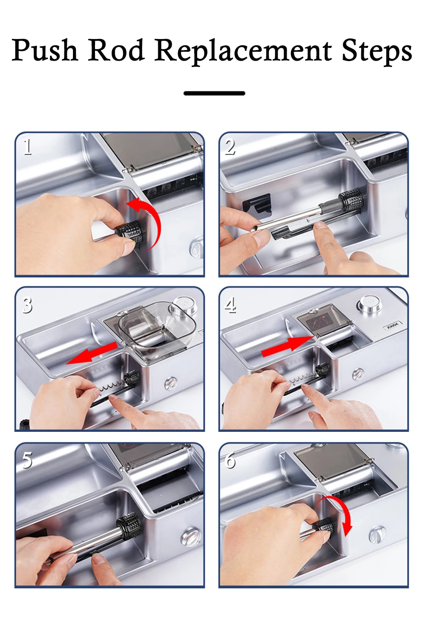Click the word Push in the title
[x=45, y=50]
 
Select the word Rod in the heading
[x=116, y=50]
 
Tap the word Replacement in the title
[x=243, y=52]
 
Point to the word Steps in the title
[x=377, y=52]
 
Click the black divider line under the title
[x=214, y=93]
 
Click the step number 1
[x=28, y=147]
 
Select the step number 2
[x=230, y=147]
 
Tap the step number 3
[x=27, y=305]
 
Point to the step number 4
[x=230, y=305]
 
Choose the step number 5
[x=27, y=461]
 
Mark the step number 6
[x=230, y=461]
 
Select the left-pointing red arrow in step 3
[x=92, y=353]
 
